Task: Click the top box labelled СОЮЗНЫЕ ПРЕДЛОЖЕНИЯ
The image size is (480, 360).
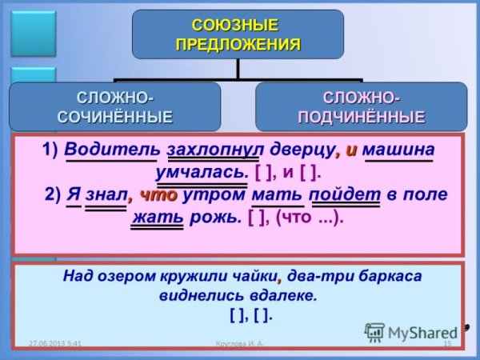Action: (x=238, y=34)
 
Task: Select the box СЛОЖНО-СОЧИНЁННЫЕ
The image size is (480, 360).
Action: (x=115, y=107)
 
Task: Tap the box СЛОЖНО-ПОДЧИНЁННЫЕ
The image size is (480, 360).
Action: (x=361, y=107)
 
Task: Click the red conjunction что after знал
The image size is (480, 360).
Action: (x=158, y=194)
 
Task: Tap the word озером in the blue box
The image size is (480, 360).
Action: (x=132, y=277)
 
